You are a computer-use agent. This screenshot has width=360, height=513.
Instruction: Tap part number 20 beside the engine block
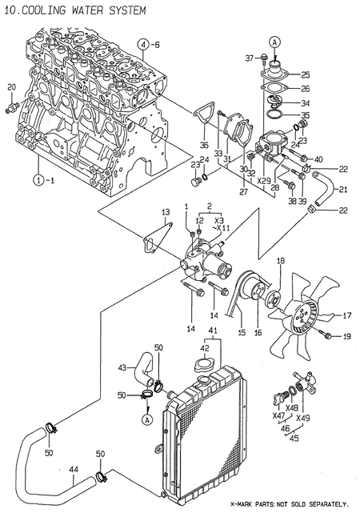click(x=11, y=87)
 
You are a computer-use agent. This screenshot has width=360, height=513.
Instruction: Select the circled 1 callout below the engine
click(x=38, y=180)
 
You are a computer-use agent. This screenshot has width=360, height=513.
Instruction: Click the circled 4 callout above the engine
click(x=142, y=43)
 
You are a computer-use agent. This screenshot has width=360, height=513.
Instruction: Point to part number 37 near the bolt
click(x=249, y=58)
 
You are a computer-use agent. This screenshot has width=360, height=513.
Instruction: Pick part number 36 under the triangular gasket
click(x=203, y=146)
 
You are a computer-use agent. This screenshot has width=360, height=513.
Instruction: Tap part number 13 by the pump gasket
click(x=166, y=212)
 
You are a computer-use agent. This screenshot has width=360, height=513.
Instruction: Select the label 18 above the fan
click(x=281, y=262)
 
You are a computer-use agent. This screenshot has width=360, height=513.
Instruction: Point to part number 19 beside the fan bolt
click(x=346, y=337)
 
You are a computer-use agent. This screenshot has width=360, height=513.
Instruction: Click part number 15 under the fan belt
click(x=240, y=331)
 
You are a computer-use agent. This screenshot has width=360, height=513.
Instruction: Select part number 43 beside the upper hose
click(x=122, y=367)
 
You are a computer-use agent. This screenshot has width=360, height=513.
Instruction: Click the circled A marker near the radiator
click(x=147, y=418)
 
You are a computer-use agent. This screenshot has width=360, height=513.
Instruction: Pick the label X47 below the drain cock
click(x=278, y=416)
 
